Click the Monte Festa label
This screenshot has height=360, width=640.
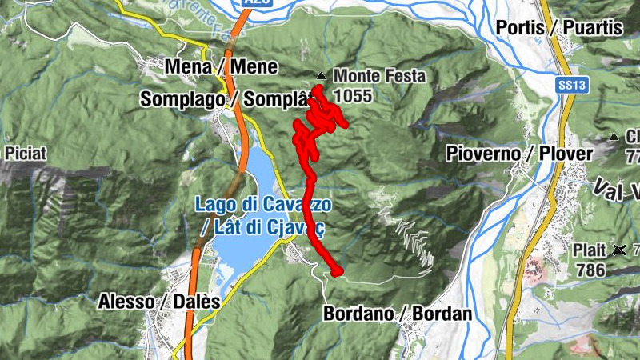379,77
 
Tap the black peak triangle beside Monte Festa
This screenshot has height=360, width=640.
321,77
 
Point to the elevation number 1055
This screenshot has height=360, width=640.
353,96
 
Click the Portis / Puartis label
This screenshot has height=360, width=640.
558,27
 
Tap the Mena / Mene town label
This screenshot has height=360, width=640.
221,67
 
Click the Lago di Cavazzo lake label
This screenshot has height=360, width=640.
263,205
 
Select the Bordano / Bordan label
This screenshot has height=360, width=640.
398,314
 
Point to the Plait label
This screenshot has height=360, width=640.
589,250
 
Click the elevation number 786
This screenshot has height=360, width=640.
590,270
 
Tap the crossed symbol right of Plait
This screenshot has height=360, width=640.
618,250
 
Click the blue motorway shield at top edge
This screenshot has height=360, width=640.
253,4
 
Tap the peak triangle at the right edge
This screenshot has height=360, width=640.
614,137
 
